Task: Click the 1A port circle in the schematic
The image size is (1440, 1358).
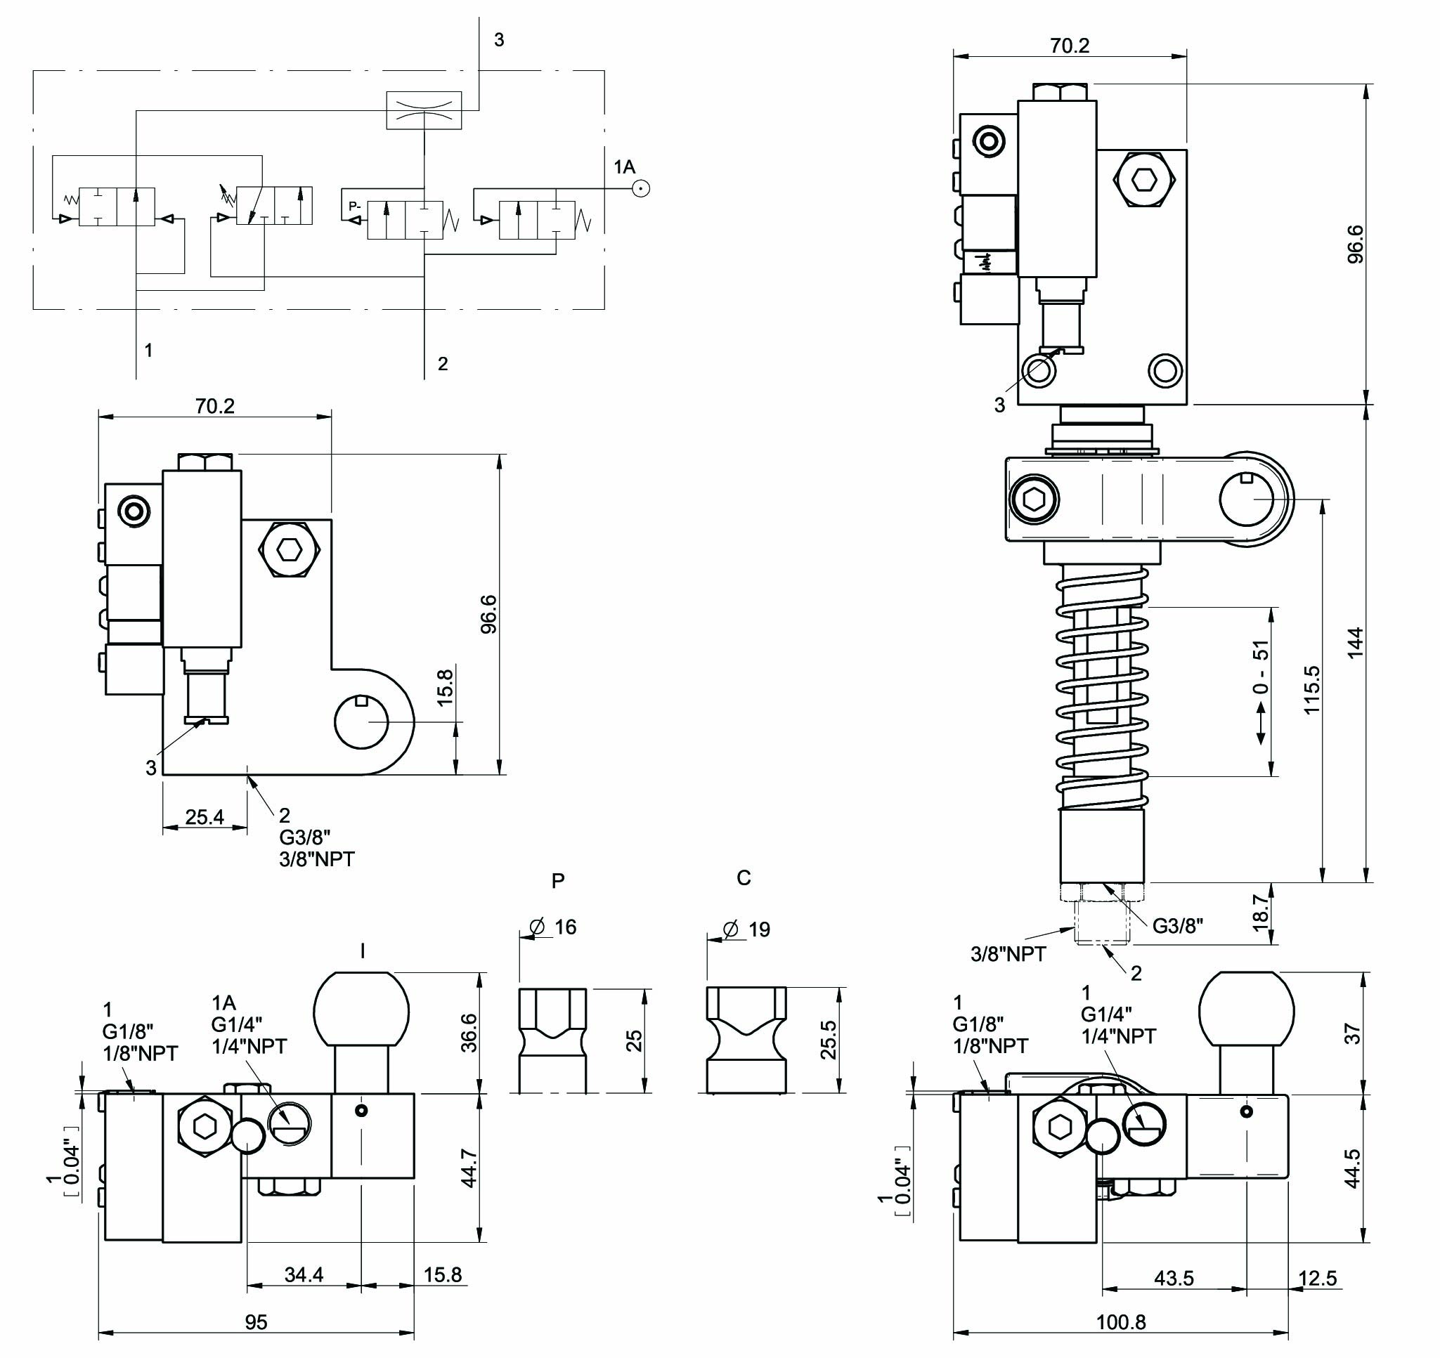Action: [x=640, y=188]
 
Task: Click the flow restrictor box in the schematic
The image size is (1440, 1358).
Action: [x=424, y=110]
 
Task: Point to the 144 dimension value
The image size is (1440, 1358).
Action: [x=1355, y=642]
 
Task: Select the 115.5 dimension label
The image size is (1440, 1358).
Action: [x=1312, y=689]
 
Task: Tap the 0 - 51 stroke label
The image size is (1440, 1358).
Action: [x=1261, y=666]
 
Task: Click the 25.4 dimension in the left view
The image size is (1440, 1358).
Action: [x=205, y=817]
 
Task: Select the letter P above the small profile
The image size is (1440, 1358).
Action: [x=558, y=881]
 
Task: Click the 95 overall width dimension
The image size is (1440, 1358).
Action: [x=256, y=1322]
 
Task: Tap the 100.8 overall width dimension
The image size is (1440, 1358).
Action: [x=1120, y=1322]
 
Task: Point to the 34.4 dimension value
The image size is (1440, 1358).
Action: [x=304, y=1274]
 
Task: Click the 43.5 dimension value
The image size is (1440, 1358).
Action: [x=1174, y=1279]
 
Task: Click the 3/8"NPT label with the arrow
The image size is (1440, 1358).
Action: [x=1008, y=954]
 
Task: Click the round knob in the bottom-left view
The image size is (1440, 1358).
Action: [x=361, y=1009]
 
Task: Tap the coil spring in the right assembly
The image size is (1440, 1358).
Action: [x=1102, y=688]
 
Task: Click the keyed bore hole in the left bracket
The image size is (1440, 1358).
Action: [x=361, y=722]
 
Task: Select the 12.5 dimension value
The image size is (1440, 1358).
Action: [x=1317, y=1279]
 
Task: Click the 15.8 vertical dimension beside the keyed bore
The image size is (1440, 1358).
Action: [x=446, y=686]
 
